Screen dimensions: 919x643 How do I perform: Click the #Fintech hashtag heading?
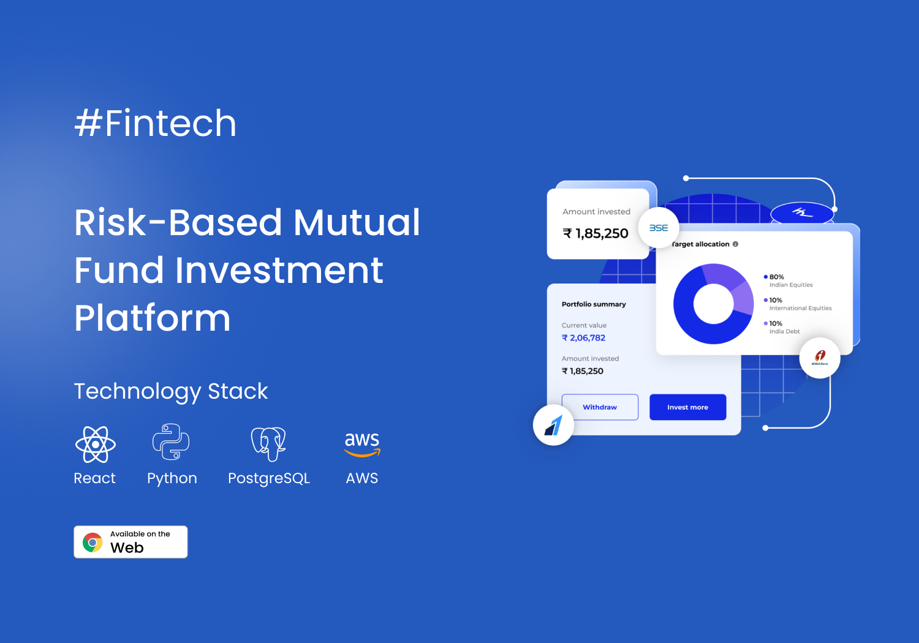click(155, 123)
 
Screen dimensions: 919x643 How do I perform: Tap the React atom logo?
click(96, 445)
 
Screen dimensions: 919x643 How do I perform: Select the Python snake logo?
click(171, 442)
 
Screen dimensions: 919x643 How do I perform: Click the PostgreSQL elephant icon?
click(268, 444)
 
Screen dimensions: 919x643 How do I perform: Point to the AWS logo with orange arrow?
click(362, 445)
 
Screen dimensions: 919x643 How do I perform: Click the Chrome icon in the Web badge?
click(93, 543)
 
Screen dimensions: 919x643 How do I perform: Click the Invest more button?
click(687, 407)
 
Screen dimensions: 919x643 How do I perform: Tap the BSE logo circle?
click(659, 228)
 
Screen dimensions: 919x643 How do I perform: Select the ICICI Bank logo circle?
click(820, 358)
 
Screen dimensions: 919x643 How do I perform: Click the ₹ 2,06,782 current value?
click(583, 338)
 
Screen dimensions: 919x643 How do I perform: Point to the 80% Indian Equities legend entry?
click(788, 280)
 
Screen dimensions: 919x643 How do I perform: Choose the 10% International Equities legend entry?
click(798, 304)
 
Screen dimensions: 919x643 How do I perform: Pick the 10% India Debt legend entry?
click(782, 327)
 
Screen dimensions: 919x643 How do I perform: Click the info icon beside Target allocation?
click(735, 244)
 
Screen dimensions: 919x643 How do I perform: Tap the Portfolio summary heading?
click(594, 304)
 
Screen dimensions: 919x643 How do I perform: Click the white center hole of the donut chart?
click(714, 304)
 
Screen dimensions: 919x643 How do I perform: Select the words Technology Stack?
click(171, 391)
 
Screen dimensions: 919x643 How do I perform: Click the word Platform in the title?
click(152, 318)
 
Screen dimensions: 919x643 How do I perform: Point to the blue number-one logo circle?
click(553, 425)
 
